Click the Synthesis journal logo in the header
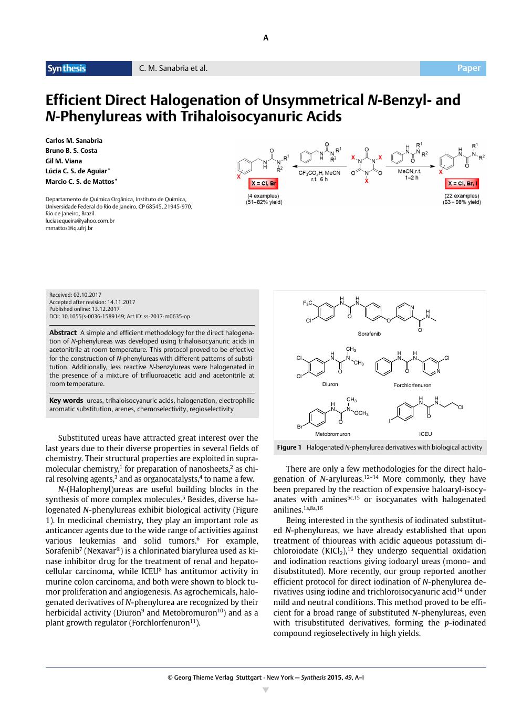coord(67,68)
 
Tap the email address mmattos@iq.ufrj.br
coord(69,228)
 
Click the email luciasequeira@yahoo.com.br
coord(80,221)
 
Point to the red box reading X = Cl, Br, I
coord(462,183)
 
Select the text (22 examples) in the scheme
coord(462,196)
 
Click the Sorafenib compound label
coord(369,334)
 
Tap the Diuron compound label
coord(330,384)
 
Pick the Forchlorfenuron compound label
coord(412,385)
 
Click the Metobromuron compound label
coord(332,434)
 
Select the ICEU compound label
coord(425,434)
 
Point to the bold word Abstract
coord(63,333)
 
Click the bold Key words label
coord(66,401)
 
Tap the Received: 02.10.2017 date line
coord(75,295)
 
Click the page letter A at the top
coord(266,38)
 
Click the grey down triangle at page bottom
coord(266,690)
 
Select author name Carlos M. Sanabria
coord(74,140)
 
